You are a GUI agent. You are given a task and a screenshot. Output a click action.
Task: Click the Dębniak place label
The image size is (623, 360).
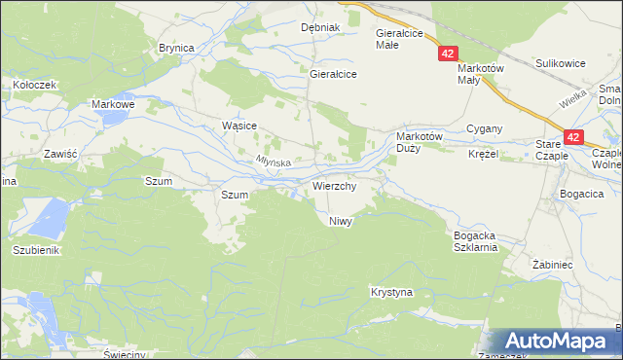pyautogui.click(x=319, y=27)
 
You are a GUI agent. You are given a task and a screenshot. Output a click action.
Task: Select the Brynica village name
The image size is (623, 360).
pyautogui.click(x=177, y=48)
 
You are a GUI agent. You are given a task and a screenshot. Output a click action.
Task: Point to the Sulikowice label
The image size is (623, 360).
pyautogui.click(x=560, y=63)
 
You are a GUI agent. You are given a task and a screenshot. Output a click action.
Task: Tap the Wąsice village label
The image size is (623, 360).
pyautogui.click(x=238, y=126)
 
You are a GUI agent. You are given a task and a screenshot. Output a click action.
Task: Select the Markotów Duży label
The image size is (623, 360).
pyautogui.click(x=421, y=142)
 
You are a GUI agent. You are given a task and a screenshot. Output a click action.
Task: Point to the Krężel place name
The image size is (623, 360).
pyautogui.click(x=483, y=155)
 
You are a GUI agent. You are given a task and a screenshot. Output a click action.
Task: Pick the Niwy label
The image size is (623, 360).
pyautogui.click(x=340, y=221)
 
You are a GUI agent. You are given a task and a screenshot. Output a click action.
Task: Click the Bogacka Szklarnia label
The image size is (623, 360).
pyautogui.click(x=476, y=241)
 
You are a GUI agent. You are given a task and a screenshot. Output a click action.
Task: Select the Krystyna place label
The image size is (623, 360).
pyautogui.click(x=392, y=292)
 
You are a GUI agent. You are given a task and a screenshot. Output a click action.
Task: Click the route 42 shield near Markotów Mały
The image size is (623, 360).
pyautogui.click(x=447, y=55)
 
